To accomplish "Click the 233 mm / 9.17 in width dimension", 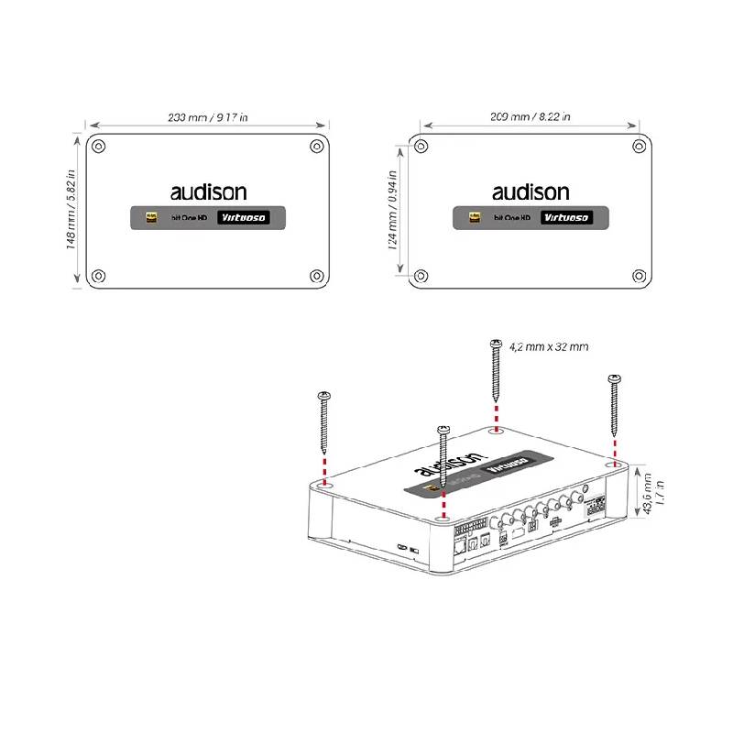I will [x=208, y=117].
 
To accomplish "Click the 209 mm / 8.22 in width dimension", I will [x=530, y=116].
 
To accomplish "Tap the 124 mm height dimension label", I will [x=391, y=211].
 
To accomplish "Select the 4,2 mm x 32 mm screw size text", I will [x=548, y=347].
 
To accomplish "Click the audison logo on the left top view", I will [x=208, y=192].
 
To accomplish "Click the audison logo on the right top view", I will [x=531, y=192].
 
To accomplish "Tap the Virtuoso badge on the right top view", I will [x=564, y=218].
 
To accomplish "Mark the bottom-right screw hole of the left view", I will [x=316, y=275].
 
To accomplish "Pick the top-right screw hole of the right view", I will [x=639, y=145].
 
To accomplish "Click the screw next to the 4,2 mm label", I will [x=496, y=371].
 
